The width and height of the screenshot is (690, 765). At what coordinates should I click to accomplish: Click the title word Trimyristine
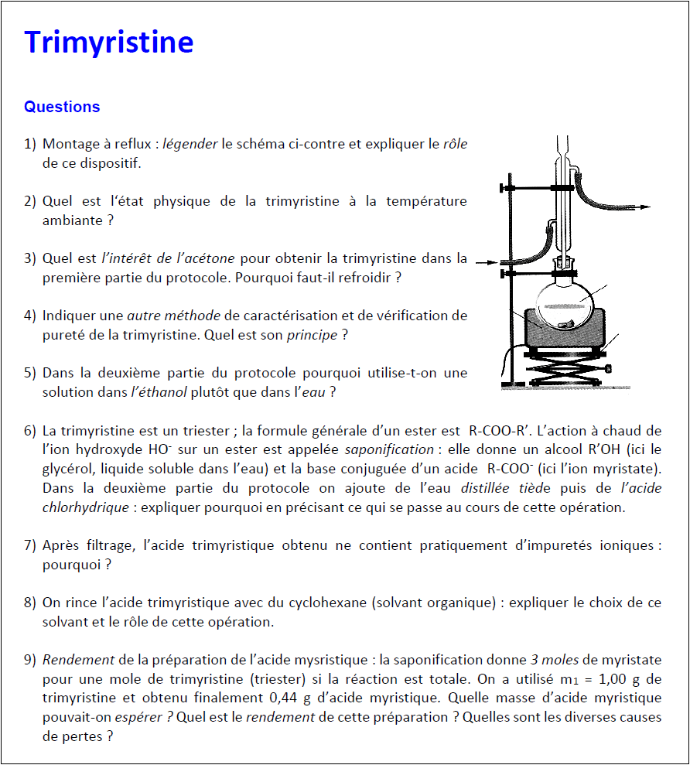click(x=108, y=43)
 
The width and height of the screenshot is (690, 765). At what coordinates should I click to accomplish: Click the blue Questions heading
click(x=62, y=107)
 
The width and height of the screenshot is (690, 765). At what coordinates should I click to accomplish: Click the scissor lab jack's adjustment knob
click(x=611, y=367)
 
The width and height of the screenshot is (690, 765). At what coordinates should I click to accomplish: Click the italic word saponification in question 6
click(x=389, y=449)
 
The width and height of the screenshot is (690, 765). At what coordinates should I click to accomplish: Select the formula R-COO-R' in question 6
click(x=500, y=430)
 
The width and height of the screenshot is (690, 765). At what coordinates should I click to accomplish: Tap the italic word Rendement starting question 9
click(x=78, y=660)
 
